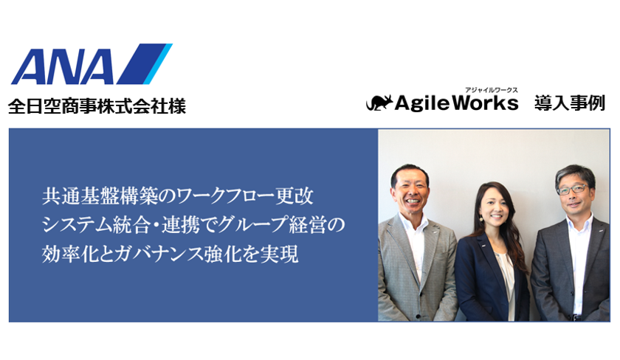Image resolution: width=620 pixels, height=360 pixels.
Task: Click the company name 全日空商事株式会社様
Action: pos(97,106)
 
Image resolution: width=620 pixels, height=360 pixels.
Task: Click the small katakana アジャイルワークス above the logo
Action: pos(491,90)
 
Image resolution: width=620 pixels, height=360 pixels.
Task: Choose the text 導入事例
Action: pos(569,103)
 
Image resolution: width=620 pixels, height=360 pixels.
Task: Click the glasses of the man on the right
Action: pos(572,190)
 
